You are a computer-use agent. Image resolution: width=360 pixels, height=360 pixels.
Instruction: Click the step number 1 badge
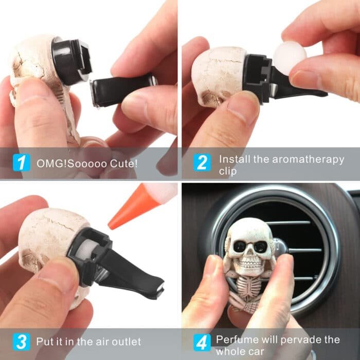(x=21, y=164)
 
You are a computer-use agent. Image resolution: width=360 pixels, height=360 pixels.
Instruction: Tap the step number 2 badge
(x=202, y=163)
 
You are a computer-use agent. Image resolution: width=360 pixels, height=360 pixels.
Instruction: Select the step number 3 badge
(x=21, y=341)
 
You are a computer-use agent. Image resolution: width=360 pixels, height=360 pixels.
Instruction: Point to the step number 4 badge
(x=202, y=341)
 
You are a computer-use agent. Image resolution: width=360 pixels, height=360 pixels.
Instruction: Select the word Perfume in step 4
(x=237, y=339)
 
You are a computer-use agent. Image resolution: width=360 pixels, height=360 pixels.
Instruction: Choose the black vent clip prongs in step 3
(x=134, y=273)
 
